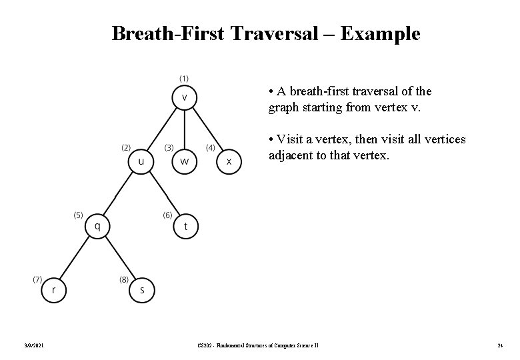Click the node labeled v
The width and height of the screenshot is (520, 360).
185,97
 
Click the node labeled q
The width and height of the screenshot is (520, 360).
97,227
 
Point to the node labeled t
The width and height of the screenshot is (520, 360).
185,227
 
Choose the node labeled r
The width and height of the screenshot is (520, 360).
53,290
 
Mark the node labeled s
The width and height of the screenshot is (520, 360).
142,290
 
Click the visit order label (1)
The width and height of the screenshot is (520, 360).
183,78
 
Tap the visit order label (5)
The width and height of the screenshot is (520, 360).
78,215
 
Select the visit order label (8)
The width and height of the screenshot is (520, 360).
123,279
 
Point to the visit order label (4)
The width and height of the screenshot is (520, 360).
210,147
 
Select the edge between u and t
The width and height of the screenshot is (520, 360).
163,195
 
